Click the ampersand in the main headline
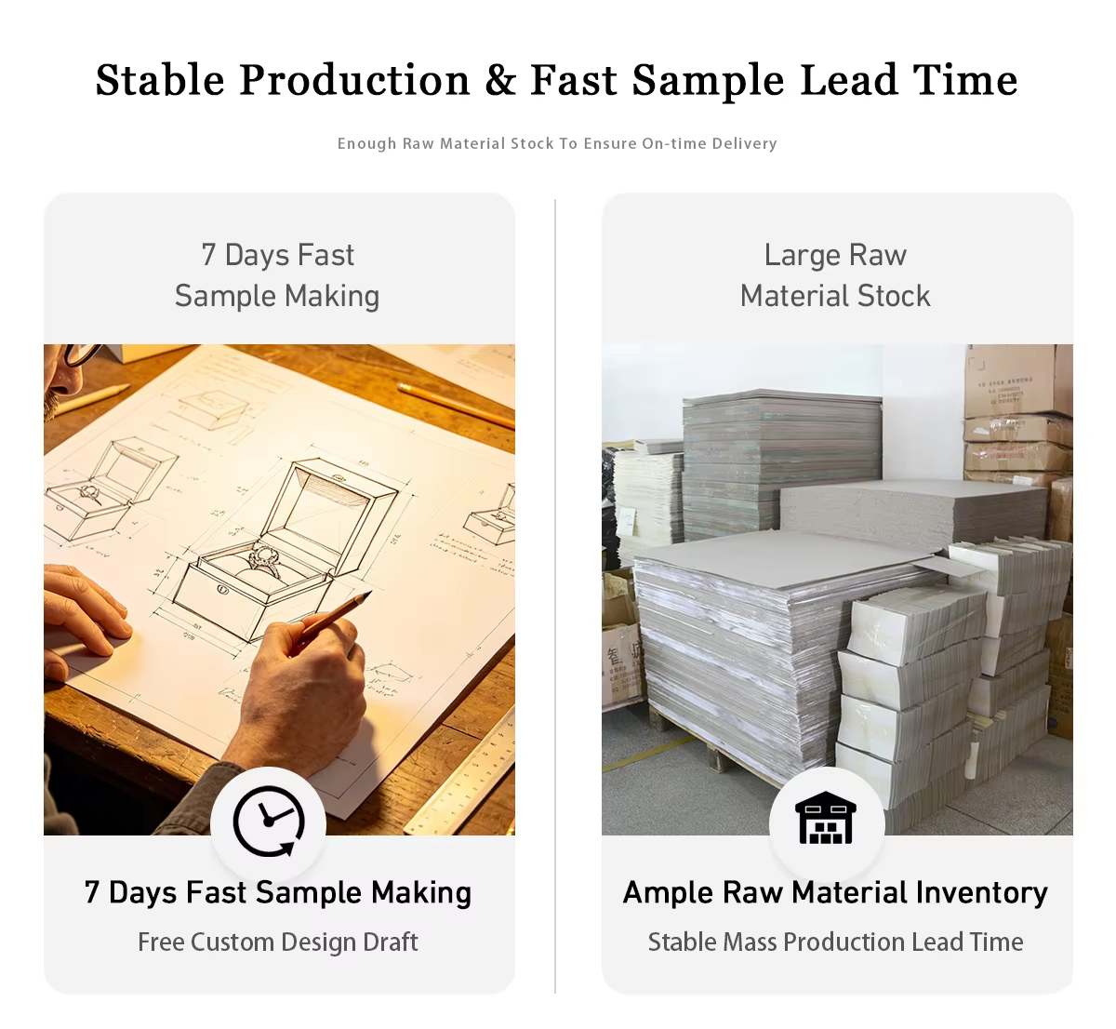[500, 80]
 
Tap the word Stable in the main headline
[160, 80]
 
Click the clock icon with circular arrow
[269, 821]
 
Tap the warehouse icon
[826, 818]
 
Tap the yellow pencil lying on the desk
[455, 406]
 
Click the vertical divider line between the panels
[555, 595]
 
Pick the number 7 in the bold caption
[92, 892]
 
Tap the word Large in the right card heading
[802, 256]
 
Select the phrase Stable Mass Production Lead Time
[835, 942]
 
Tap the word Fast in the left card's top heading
[325, 256]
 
